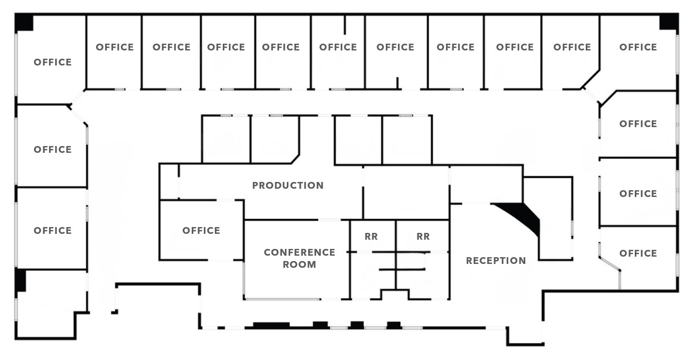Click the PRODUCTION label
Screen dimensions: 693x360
[x=288, y=185]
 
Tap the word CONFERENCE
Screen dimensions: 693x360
[x=299, y=252]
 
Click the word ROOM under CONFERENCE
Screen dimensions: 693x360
[x=299, y=264]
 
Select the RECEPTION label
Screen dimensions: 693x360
[x=496, y=261]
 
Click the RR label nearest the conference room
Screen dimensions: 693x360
[x=371, y=236]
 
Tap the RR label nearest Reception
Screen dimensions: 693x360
[x=423, y=236]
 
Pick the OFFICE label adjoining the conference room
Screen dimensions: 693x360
[x=201, y=230]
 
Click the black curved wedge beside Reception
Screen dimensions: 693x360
[x=523, y=216]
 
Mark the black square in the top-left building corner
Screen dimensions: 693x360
[x=24, y=22]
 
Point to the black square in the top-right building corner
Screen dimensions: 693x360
[x=669, y=22]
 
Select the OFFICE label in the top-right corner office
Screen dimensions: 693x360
[x=638, y=47]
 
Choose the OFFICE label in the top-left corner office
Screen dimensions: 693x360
[x=52, y=62]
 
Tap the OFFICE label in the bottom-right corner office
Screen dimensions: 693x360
[x=638, y=253]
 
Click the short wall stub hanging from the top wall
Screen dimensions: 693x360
[x=345, y=25]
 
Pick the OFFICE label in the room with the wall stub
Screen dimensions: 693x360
[x=338, y=47]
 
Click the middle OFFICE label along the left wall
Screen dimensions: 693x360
[x=52, y=149]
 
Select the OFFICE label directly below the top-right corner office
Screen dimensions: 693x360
[x=638, y=124]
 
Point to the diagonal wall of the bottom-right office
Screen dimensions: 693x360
[x=610, y=264]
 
